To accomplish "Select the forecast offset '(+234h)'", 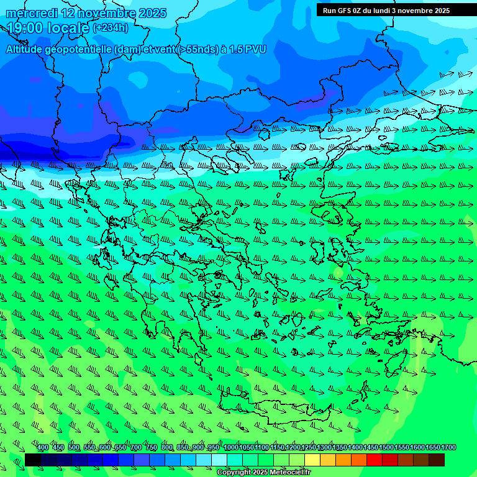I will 111,28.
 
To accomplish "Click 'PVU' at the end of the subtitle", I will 255,50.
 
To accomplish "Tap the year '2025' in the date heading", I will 152,13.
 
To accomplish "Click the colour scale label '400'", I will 43,448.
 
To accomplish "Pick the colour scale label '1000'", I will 231,448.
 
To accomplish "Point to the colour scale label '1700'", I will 448,448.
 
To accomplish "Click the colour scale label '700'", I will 136,448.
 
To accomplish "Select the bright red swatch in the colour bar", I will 375,460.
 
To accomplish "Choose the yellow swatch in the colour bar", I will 312,460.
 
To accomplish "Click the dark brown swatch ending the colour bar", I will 437,460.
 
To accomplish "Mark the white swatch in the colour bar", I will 219,460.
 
